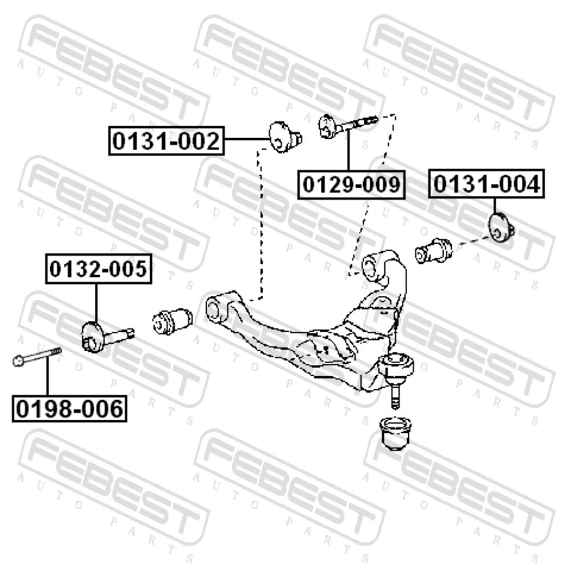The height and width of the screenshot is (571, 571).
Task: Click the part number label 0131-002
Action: pos(166,140)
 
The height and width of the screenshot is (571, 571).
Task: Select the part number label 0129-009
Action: pos(351,184)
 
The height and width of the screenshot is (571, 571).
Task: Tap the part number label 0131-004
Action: pos(486,183)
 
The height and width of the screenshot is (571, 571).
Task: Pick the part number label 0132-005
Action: pos(98,269)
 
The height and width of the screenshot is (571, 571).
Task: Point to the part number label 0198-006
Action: pos(70,408)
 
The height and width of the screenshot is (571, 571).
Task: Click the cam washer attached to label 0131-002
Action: pos(285,137)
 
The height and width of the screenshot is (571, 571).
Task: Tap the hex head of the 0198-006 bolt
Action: pos(18,360)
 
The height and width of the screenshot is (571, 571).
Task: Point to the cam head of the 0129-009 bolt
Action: pos(327,126)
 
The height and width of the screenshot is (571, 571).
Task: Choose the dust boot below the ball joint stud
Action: pos(396,435)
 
